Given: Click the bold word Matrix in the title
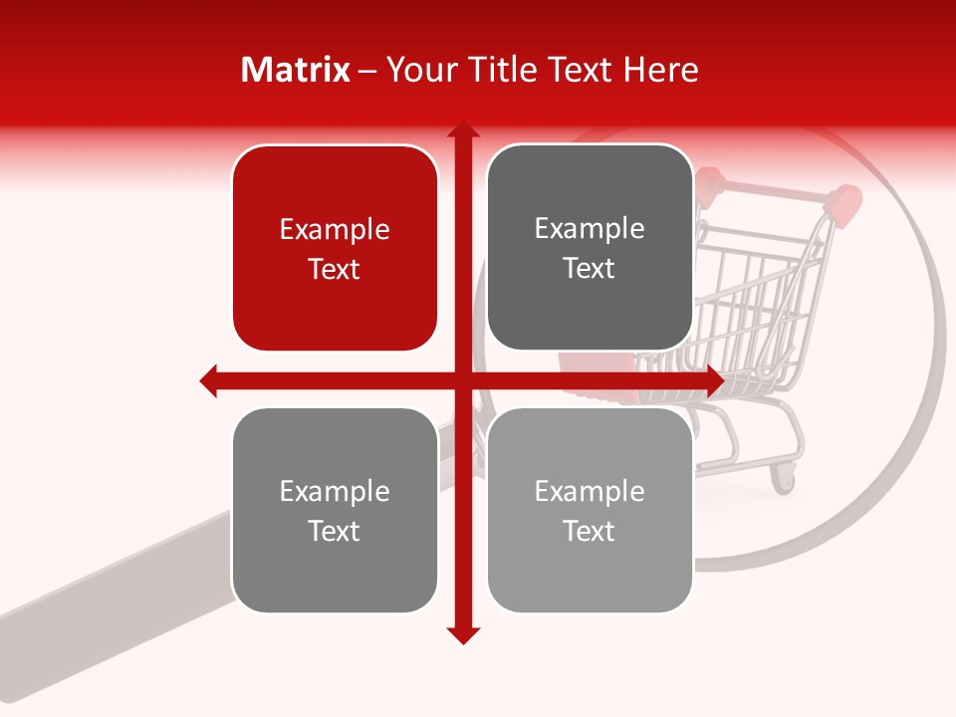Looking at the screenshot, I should click(296, 70).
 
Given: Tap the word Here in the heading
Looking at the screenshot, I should click(661, 70).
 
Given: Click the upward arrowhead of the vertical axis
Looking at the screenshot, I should click(462, 130).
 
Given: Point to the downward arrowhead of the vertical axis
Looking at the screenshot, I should click(462, 635).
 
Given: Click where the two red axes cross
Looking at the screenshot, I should click(462, 380).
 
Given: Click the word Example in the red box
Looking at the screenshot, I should click(335, 230).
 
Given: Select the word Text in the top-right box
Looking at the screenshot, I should click(590, 269).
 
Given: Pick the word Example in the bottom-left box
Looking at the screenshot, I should click(335, 492).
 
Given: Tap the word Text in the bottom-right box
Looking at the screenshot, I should click(590, 532).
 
